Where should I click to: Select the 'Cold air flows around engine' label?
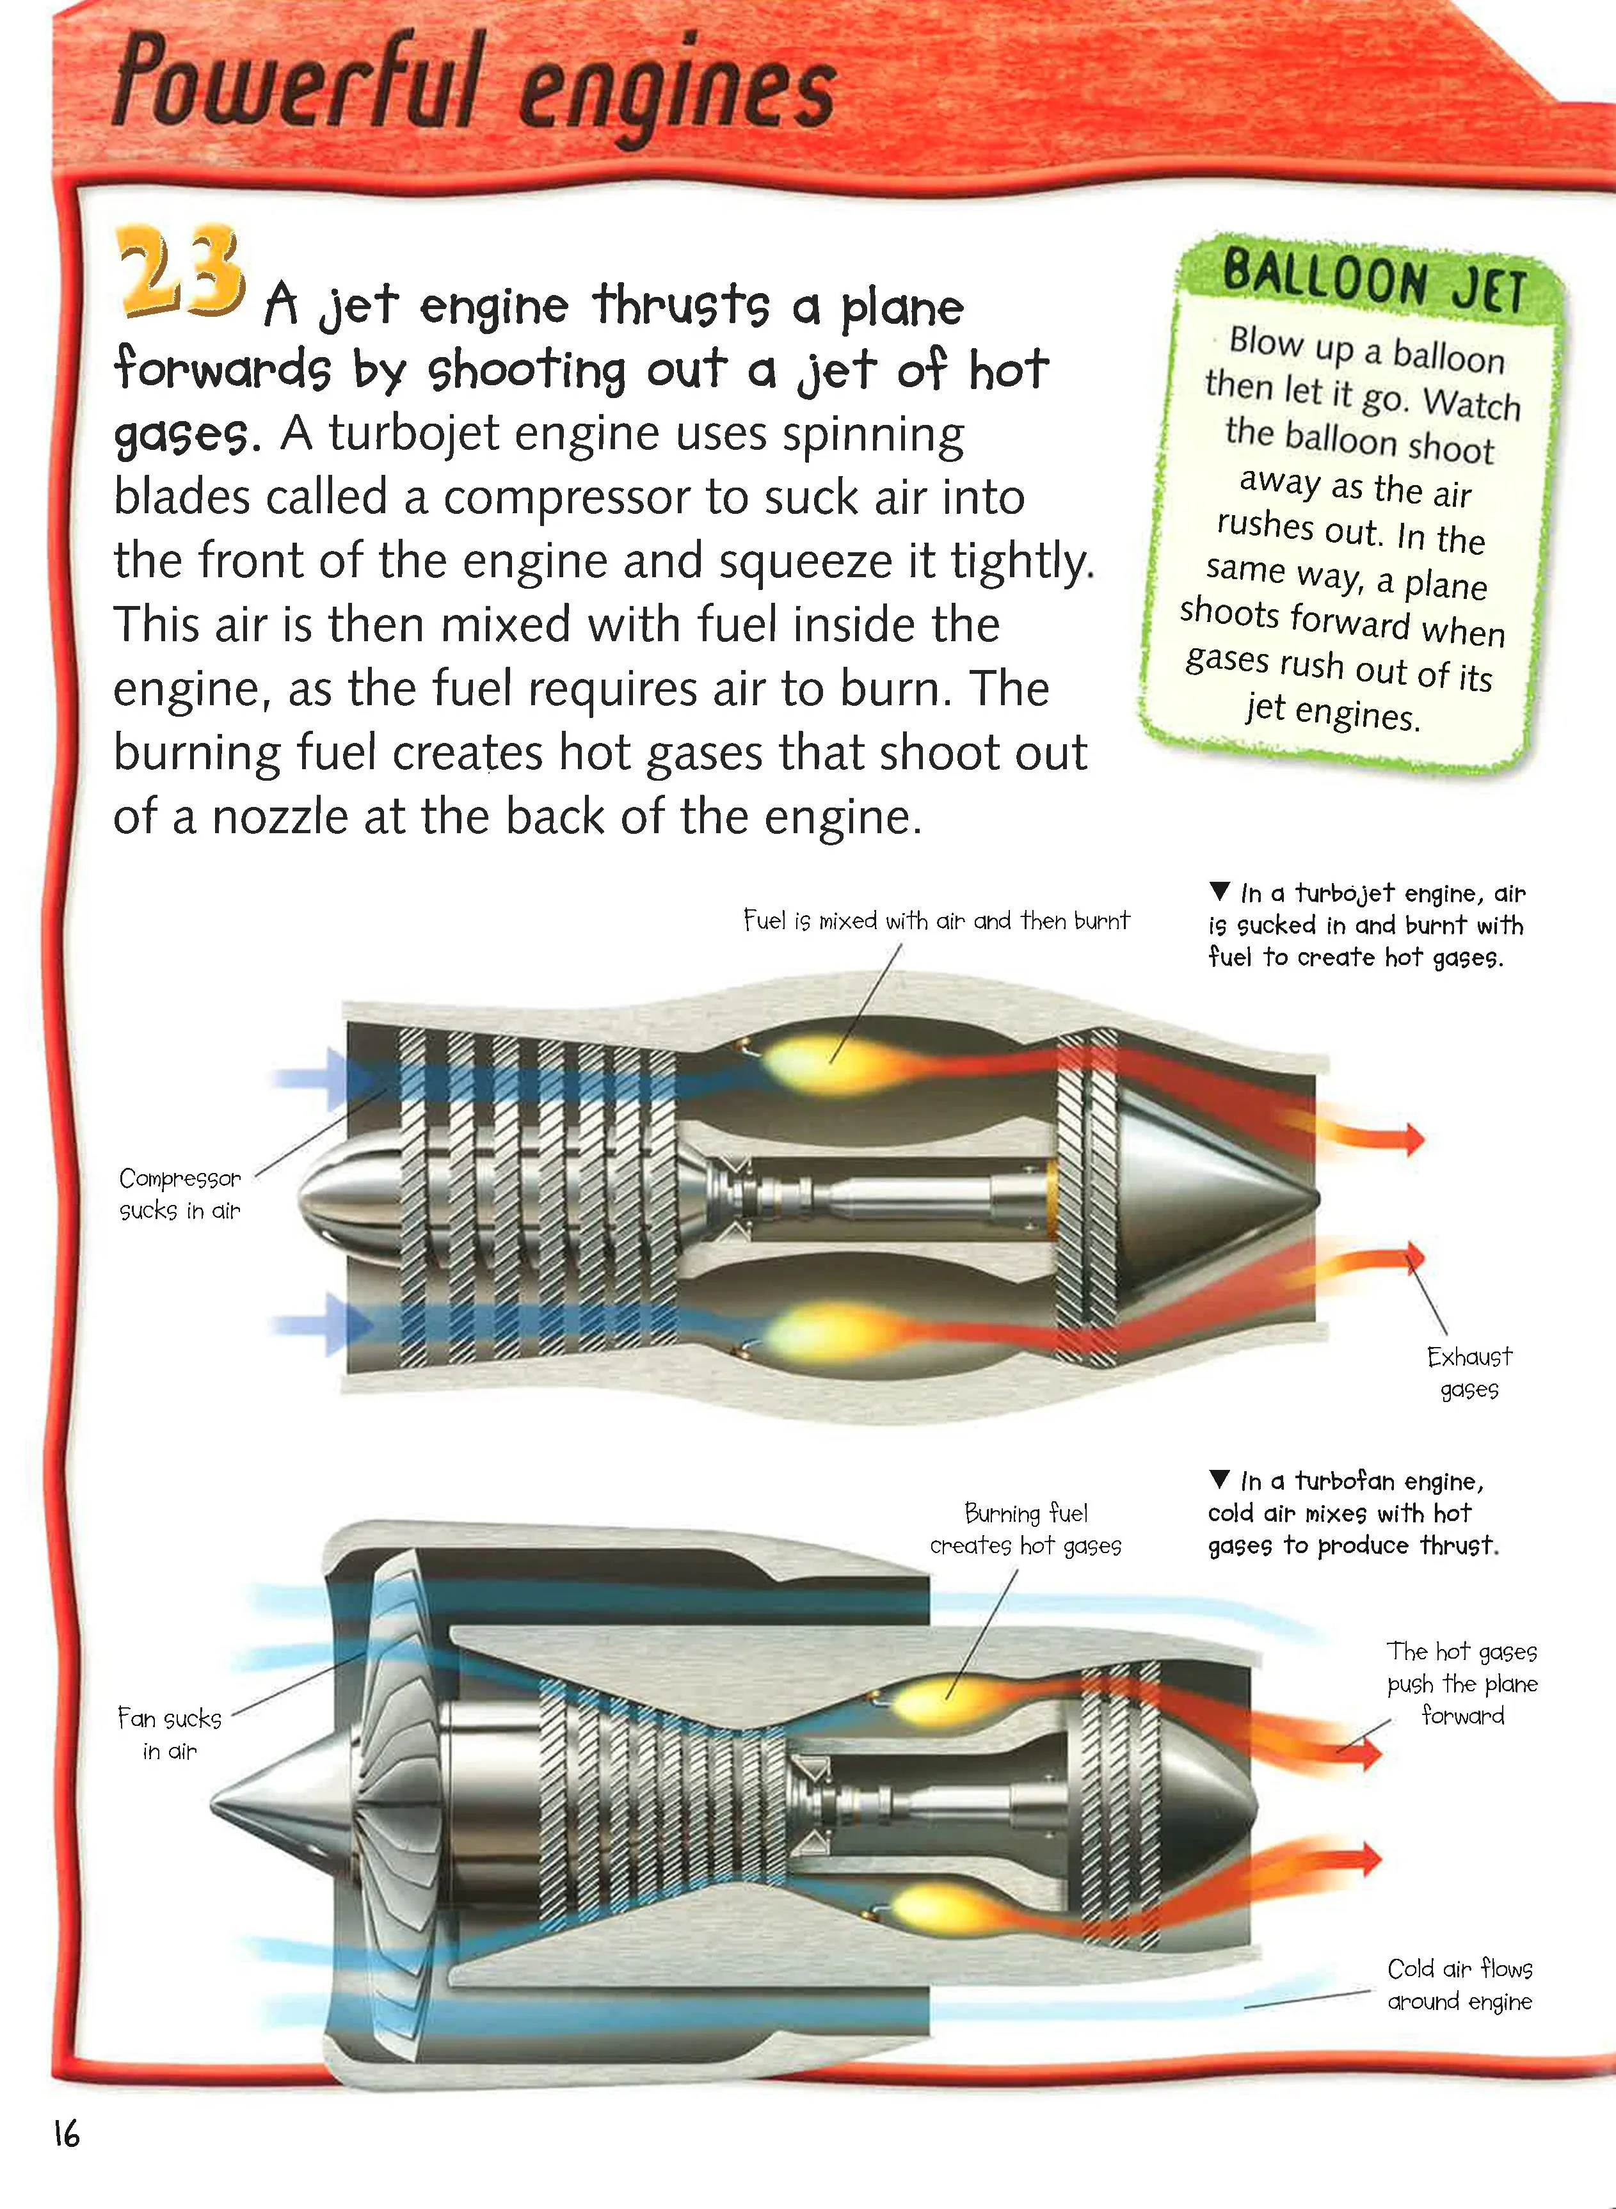(x=1459, y=1984)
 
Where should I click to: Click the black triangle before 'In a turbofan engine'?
(x=1219, y=1479)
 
